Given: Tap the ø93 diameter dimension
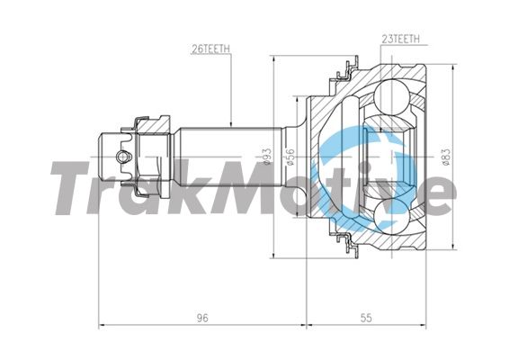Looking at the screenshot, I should (266, 158).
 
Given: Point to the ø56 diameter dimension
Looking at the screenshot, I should (290, 158).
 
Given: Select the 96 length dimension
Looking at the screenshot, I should (203, 317).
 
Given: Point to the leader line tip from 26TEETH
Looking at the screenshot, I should (232, 124).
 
